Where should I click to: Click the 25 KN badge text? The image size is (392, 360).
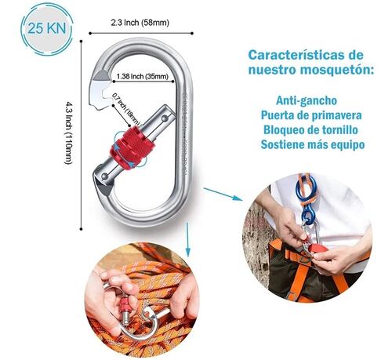click(x=46, y=28)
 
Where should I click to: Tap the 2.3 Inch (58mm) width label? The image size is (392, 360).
click(x=140, y=23)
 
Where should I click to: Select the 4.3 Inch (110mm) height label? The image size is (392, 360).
click(x=67, y=133)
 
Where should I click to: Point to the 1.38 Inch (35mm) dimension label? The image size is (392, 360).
click(x=142, y=76)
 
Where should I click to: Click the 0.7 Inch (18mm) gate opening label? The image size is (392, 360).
click(x=126, y=109)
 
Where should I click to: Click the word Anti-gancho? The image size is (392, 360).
click(x=307, y=100)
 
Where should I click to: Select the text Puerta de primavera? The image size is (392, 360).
click(x=311, y=115)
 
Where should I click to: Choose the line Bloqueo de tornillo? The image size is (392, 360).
click(x=310, y=130)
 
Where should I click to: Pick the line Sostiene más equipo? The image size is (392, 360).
click(x=313, y=144)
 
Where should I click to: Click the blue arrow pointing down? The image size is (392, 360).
click(x=187, y=240)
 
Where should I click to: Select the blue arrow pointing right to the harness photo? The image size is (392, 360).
click(x=223, y=194)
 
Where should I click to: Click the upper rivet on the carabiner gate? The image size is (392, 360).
click(x=164, y=118)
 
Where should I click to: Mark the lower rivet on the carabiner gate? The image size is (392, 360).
click(x=104, y=176)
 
